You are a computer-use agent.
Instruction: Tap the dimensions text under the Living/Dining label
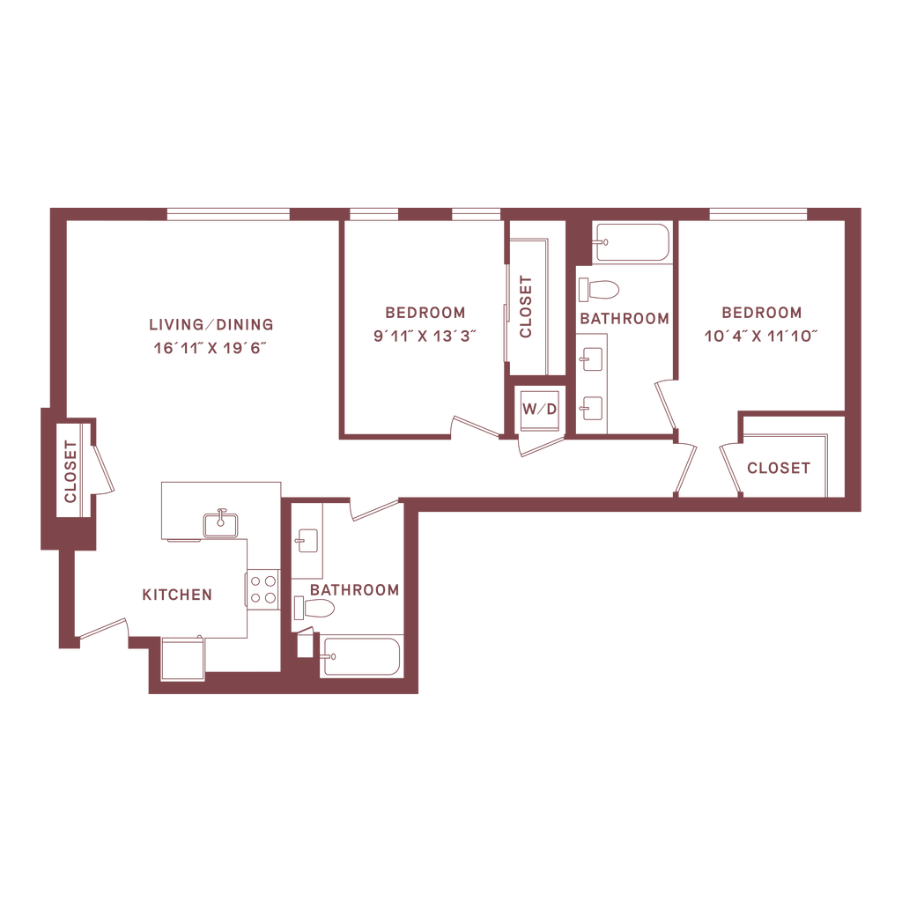point(211,345)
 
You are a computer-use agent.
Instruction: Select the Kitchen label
point(177,595)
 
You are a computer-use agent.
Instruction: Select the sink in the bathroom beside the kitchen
point(307,538)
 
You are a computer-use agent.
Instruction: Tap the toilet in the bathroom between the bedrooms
point(601,288)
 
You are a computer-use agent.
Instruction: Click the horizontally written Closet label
point(778,469)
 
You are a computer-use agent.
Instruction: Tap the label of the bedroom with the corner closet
point(762,313)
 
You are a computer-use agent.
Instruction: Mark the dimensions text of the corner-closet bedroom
point(762,335)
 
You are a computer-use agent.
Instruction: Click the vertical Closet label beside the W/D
point(526,306)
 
